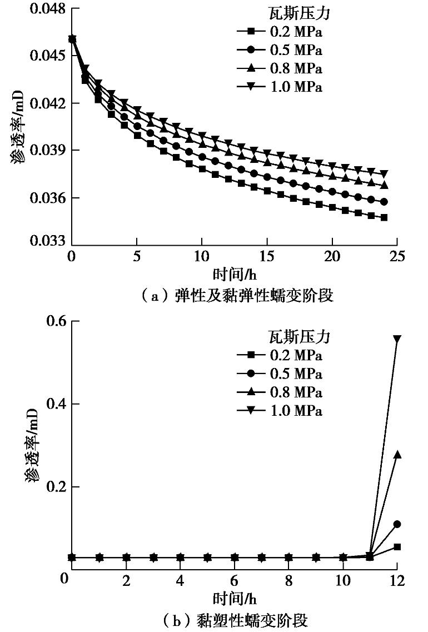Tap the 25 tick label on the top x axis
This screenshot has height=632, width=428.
[x=397, y=257]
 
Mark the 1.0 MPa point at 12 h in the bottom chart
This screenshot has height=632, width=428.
[x=397, y=339]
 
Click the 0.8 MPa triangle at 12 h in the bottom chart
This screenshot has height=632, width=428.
[x=397, y=454]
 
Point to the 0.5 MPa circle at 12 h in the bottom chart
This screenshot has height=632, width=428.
[x=397, y=524]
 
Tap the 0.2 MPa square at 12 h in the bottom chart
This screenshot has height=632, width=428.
[x=397, y=547]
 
